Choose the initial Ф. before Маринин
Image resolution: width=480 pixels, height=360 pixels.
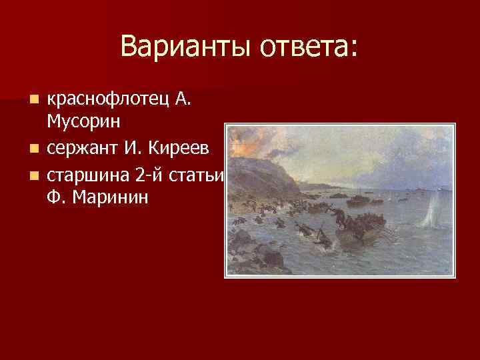pyautogui.click(x=56, y=199)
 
